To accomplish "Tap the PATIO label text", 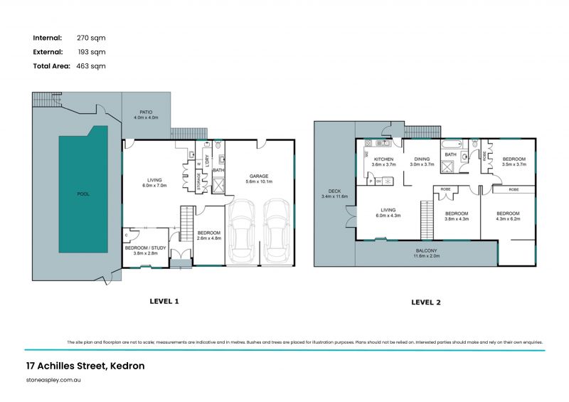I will (x=146, y=112).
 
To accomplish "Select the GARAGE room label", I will (x=258, y=176).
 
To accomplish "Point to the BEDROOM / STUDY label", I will (x=144, y=248).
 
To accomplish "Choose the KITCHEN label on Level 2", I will (x=383, y=159).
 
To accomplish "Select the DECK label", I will (x=334, y=191).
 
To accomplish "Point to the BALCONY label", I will (x=427, y=251).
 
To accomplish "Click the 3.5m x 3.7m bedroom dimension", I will (x=514, y=164).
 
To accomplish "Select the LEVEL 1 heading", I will (x=164, y=301).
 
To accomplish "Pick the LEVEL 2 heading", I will (x=426, y=302).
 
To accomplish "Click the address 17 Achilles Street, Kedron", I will (x=85, y=366).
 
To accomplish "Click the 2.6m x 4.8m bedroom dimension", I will (x=211, y=238).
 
